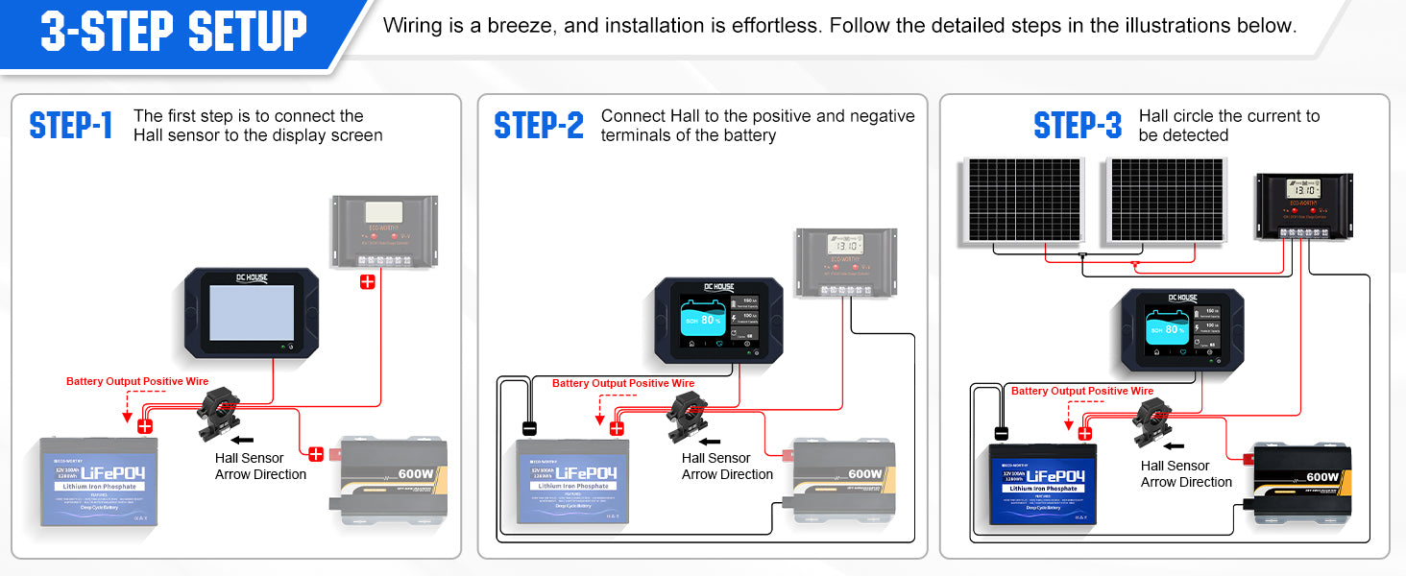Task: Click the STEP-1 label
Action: pos(71,126)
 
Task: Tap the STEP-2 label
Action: pos(539,126)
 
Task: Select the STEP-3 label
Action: pos(1078,126)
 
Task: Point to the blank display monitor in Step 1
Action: pos(252,313)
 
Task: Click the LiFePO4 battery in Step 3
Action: pos(1043,484)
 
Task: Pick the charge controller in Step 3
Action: pos(1304,205)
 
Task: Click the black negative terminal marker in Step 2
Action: pos(528,428)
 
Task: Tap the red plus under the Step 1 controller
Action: pos(367,281)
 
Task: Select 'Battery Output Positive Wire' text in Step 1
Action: pos(137,382)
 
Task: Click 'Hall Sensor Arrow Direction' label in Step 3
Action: pos(1186,473)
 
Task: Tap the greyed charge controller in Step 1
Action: pos(384,230)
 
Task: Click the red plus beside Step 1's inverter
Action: pos(315,454)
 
